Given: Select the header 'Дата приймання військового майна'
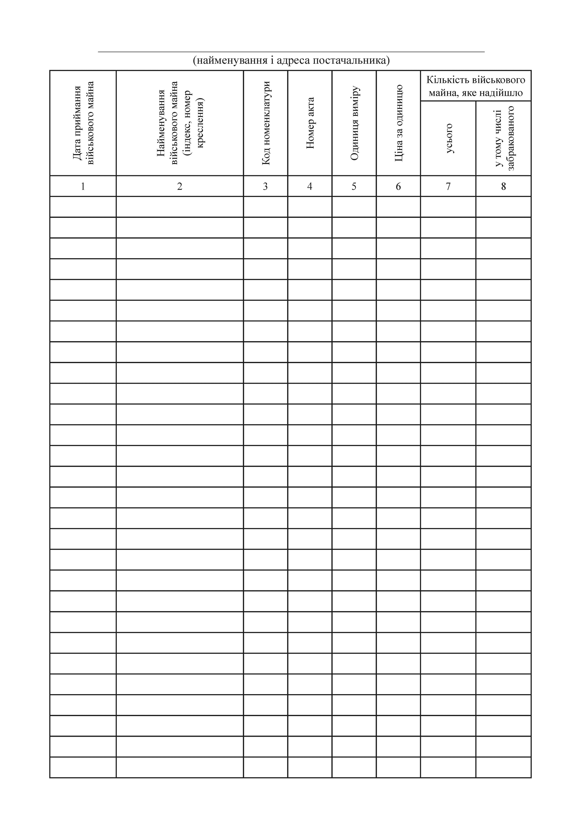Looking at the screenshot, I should [83, 123].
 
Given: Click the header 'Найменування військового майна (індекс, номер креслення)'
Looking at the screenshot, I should [180, 123].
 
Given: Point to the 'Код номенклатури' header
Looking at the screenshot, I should [266, 123].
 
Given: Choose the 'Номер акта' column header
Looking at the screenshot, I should [310, 123].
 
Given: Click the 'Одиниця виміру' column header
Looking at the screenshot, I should [354, 123].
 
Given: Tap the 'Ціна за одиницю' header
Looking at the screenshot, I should [398, 123].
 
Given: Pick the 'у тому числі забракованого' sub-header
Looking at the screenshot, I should [504, 139].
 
